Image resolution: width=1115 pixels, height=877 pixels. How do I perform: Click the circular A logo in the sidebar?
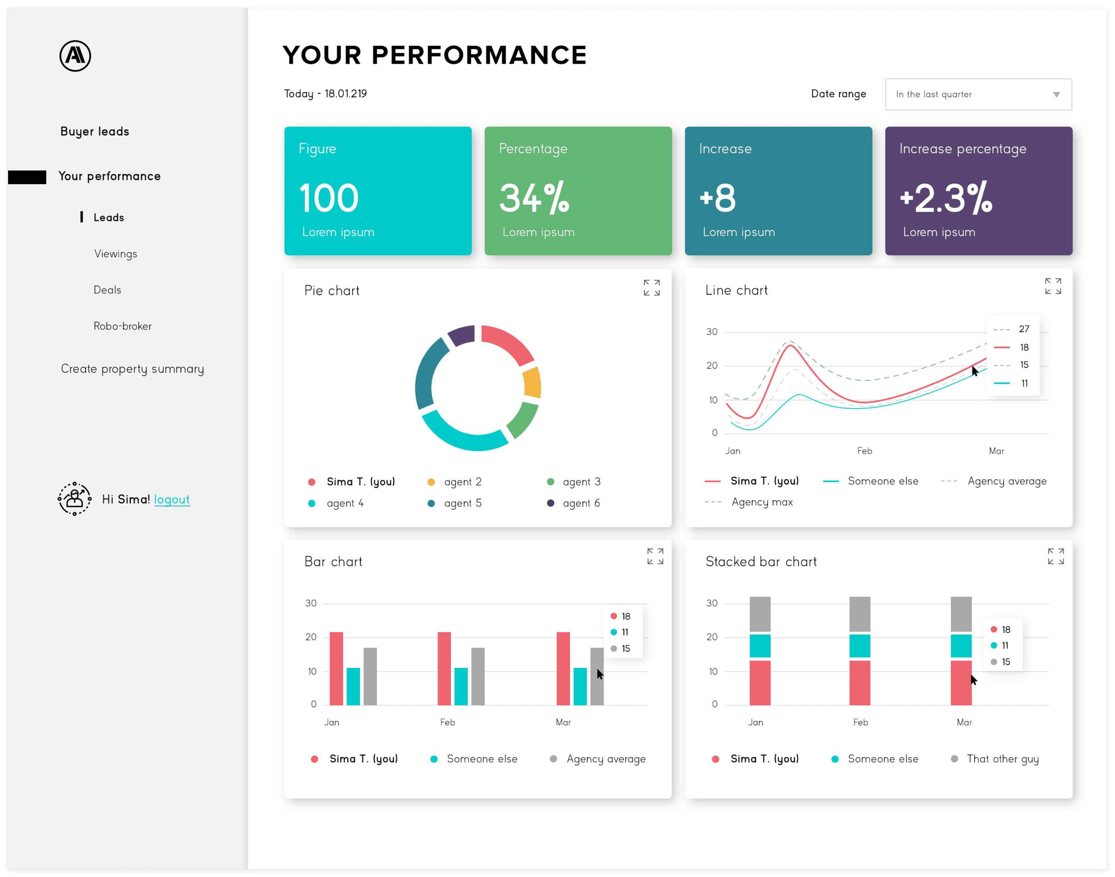pos(75,56)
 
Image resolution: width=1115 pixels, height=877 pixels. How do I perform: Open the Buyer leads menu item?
pos(95,132)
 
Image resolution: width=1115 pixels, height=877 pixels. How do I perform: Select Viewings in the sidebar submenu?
pos(116,254)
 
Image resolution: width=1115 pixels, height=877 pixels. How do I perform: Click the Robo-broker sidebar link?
pos(122,326)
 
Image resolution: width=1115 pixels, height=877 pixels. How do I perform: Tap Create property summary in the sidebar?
pos(132,369)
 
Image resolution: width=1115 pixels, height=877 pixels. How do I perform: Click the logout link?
pos(172,500)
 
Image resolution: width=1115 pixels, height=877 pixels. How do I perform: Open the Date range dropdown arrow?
pos(1056,95)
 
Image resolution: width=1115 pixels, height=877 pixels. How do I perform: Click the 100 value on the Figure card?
pos(329,198)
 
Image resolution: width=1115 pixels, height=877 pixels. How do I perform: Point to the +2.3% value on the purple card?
pos(946,198)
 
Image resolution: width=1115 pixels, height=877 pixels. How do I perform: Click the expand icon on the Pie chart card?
pos(652,288)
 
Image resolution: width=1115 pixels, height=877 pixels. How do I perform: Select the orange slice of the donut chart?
pos(533,383)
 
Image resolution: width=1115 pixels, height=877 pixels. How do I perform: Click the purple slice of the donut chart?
pos(461,335)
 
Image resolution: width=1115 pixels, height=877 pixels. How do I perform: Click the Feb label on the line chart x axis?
pos(864,451)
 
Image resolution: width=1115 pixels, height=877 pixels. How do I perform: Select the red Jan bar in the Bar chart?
pos(336,668)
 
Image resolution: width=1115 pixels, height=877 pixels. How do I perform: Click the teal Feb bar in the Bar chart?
pos(461,687)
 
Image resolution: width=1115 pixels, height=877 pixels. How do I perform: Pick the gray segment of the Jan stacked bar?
pos(760,614)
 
